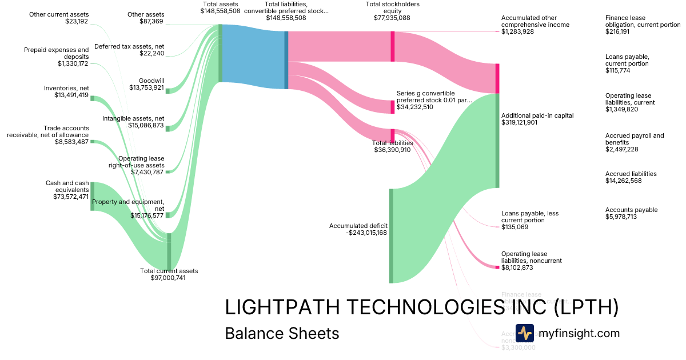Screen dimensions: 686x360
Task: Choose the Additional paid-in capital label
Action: (x=537, y=115)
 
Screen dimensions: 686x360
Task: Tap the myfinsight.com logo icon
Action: (x=524, y=333)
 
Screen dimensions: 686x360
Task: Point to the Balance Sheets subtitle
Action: (x=282, y=333)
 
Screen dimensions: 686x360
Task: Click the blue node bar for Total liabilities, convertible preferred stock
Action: (x=286, y=60)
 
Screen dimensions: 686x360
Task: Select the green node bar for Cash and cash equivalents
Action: (x=92, y=196)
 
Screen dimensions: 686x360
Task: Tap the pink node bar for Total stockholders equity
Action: (x=393, y=46)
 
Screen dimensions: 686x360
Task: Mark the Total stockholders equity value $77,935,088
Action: (x=392, y=18)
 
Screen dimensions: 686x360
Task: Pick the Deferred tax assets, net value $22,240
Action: (x=151, y=54)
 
